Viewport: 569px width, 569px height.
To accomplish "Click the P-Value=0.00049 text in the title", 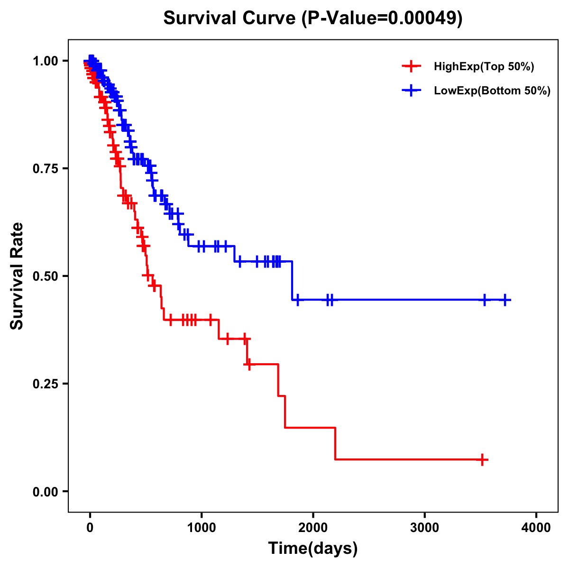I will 382,18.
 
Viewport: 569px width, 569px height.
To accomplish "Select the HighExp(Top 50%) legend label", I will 484,66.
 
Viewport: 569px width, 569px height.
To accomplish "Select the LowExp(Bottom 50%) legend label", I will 492,91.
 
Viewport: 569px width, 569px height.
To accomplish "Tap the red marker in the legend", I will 411,66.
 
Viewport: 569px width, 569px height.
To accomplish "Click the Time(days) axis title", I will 313,549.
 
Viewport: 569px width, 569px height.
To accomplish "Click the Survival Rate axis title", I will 17,276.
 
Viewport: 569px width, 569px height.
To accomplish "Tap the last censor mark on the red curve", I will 482,459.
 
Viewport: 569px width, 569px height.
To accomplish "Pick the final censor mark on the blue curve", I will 505,300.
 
